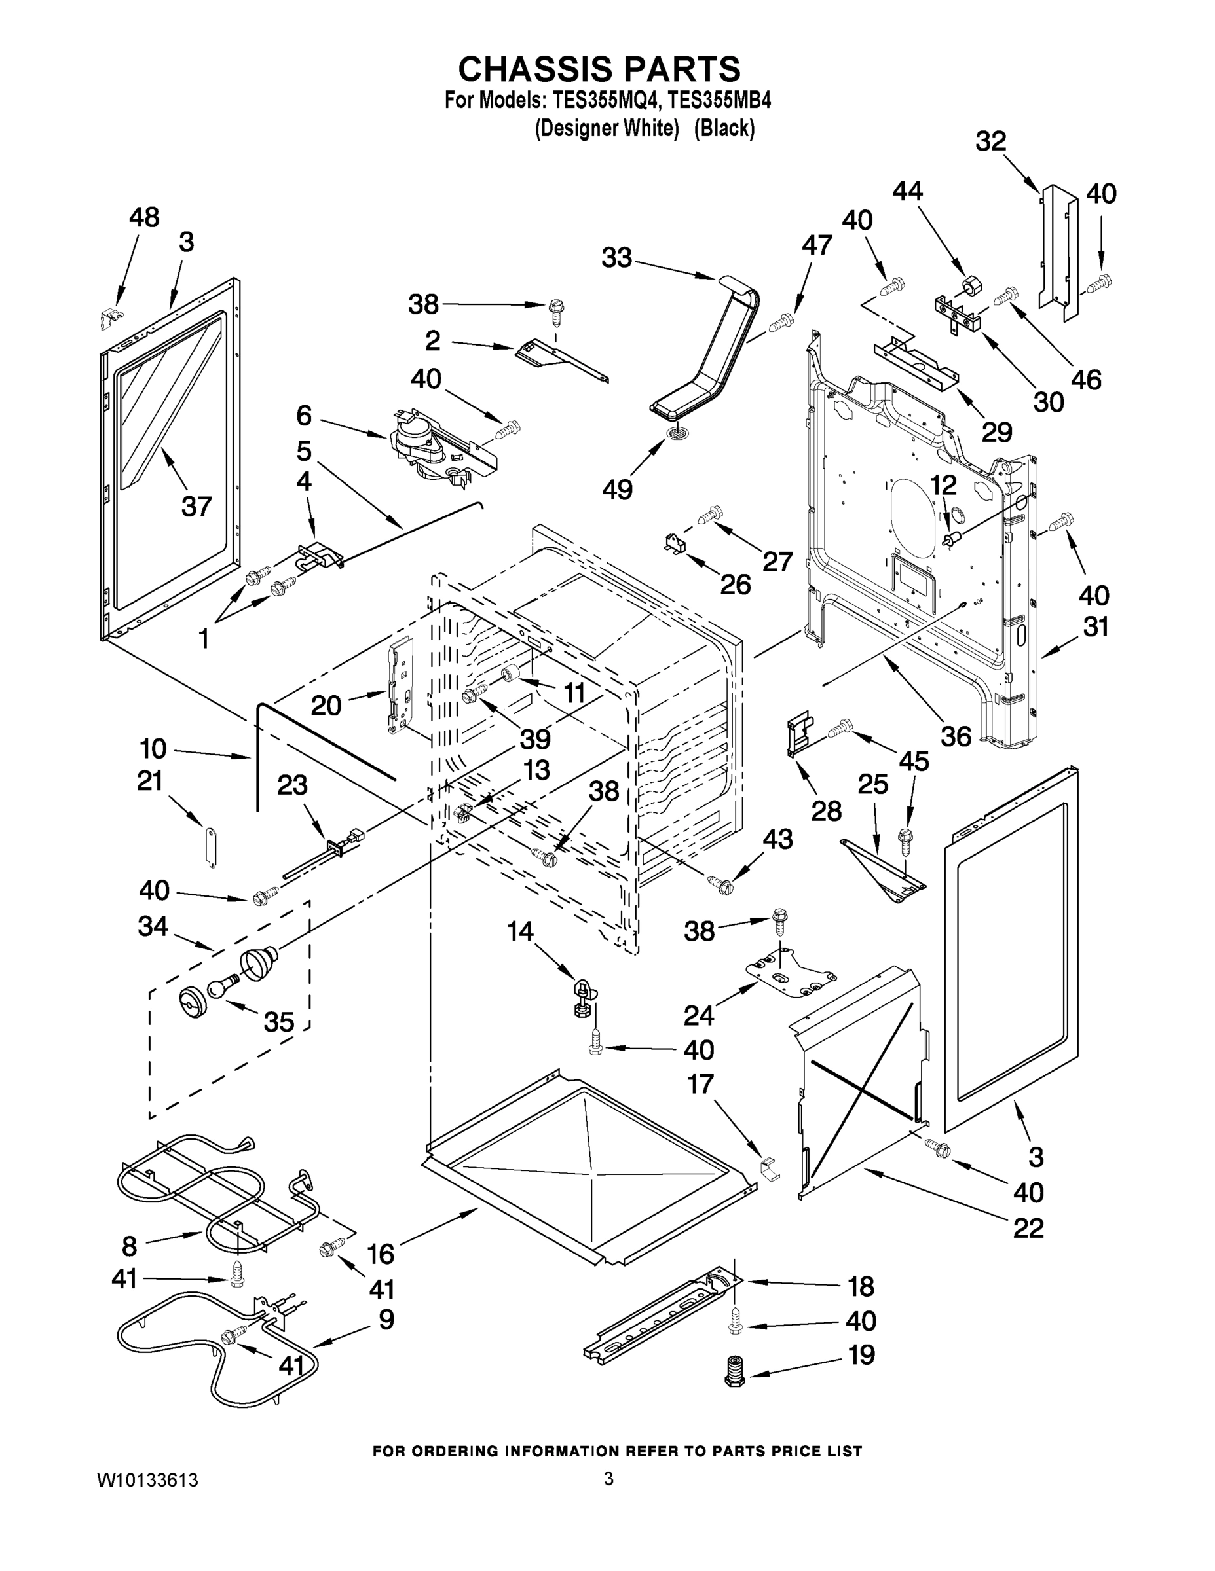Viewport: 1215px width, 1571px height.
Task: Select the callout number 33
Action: coord(616,257)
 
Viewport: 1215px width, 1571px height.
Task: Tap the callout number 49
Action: coord(618,490)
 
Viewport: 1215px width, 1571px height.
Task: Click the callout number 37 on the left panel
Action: coord(196,507)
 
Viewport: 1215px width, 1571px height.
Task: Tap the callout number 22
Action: coord(1028,1228)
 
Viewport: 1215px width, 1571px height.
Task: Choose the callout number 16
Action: coord(381,1254)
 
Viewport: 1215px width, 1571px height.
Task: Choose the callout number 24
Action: coord(698,1015)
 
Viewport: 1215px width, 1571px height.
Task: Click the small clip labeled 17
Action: coord(770,1168)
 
